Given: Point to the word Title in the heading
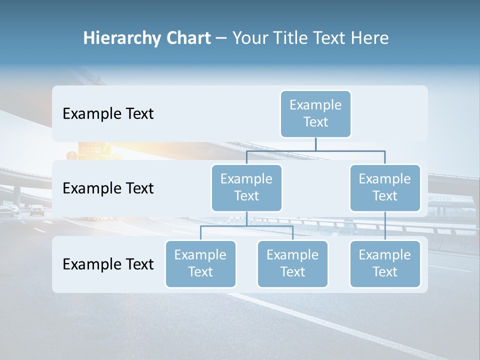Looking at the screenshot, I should point(291,38).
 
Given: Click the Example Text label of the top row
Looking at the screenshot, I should point(108,114).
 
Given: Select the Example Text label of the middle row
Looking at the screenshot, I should point(108,188).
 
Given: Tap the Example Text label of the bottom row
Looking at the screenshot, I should point(108,264).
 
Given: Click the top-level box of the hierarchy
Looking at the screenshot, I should point(315,114).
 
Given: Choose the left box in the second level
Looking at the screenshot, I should point(246,188).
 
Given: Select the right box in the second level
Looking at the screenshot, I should point(385,188).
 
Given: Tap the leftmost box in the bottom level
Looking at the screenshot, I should point(200,264).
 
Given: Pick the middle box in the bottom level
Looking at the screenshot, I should point(292,264).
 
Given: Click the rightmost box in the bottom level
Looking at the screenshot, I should point(385,264).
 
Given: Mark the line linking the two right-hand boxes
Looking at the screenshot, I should point(385,226).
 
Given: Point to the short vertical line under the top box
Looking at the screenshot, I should point(315,144).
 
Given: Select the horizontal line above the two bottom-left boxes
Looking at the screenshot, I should point(246,226).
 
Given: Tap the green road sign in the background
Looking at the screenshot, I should point(95,149).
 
